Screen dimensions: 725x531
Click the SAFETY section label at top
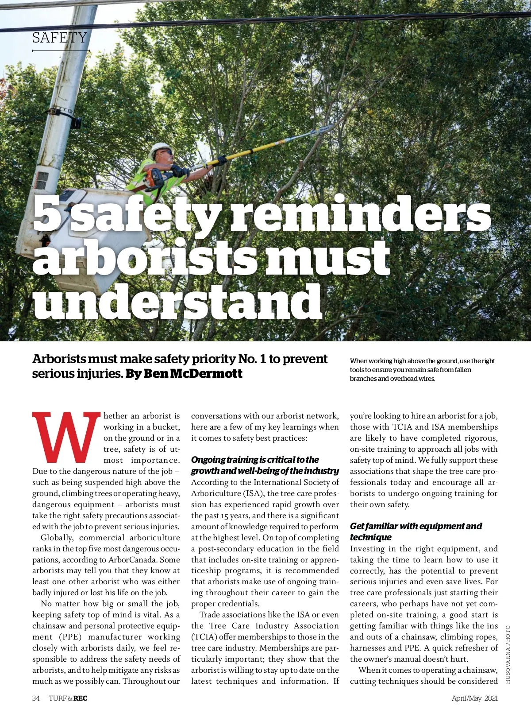(59, 38)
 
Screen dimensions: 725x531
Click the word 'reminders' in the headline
(360, 214)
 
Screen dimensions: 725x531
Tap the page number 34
(36, 698)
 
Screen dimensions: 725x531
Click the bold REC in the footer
(80, 698)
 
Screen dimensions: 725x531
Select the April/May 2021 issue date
(474, 698)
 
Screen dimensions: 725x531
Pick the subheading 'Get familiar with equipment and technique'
(416, 531)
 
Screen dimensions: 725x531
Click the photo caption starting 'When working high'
(422, 370)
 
